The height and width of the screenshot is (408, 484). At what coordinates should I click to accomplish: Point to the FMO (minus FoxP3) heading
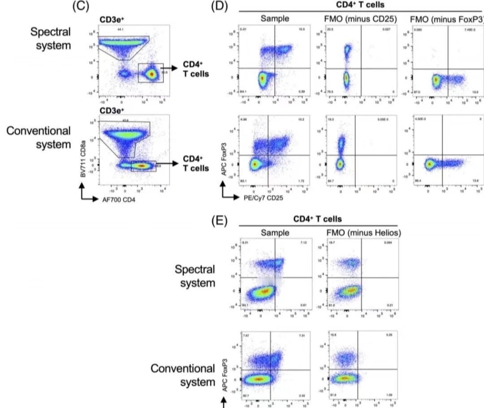(x=446, y=19)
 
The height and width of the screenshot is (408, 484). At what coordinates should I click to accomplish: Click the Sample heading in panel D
(x=275, y=19)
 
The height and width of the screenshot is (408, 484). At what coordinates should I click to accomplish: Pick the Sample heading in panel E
(x=275, y=233)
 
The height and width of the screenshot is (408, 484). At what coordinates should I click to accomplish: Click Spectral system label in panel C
(x=51, y=38)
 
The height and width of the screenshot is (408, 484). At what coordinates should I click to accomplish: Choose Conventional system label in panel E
(x=183, y=375)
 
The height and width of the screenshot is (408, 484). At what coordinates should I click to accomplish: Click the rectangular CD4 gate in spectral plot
(x=151, y=73)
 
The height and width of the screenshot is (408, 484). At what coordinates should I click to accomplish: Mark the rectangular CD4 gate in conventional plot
(x=143, y=166)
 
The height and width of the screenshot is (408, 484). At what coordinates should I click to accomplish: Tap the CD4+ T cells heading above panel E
(x=318, y=219)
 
